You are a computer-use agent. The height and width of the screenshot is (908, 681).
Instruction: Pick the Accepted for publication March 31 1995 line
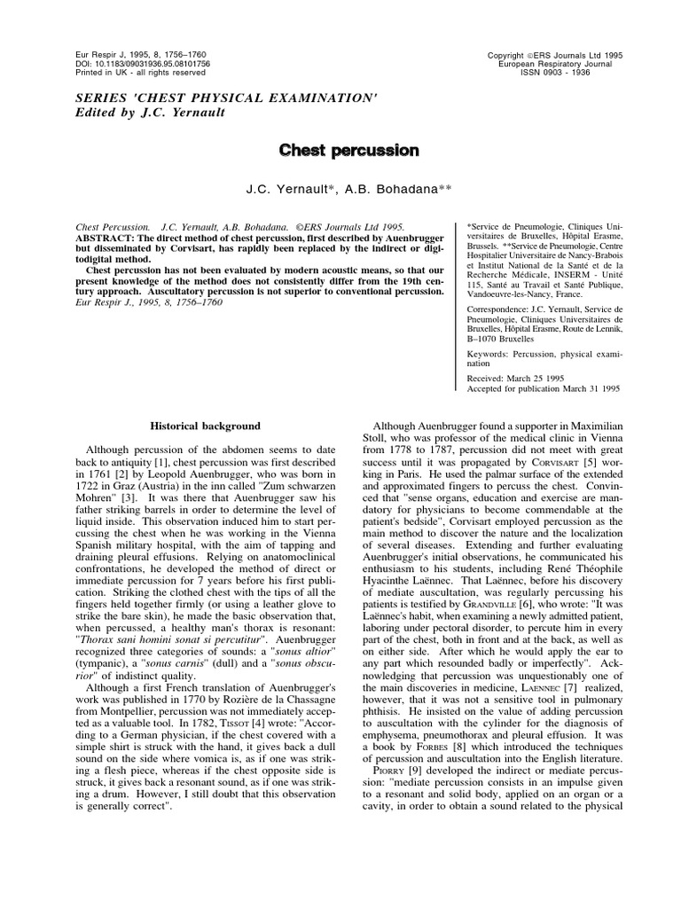click(543, 387)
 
